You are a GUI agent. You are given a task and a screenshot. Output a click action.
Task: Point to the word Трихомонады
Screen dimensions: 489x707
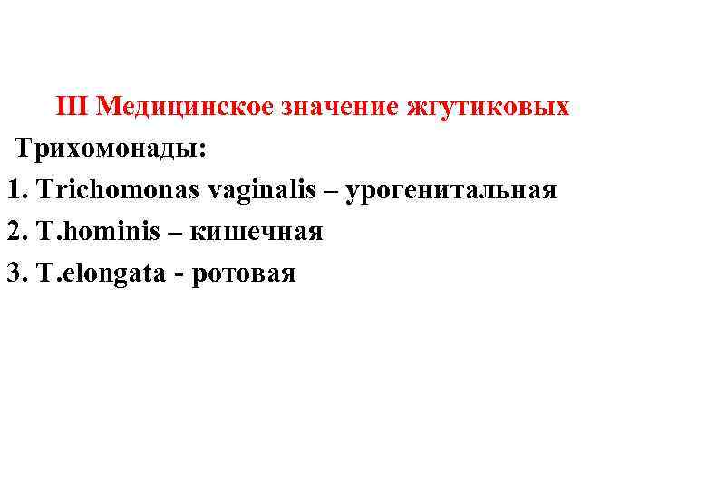pyautogui.click(x=109, y=149)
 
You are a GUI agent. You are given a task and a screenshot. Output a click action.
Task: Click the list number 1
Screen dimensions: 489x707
pyautogui.click(x=14, y=190)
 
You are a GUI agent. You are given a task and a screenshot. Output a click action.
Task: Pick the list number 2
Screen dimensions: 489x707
pyautogui.click(x=14, y=232)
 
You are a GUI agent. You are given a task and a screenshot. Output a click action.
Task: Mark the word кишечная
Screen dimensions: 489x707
pyautogui.click(x=257, y=232)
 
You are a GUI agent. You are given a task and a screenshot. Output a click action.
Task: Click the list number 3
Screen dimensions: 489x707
pyautogui.click(x=14, y=273)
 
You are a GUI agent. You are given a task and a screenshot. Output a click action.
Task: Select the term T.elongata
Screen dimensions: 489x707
pyautogui.click(x=104, y=273)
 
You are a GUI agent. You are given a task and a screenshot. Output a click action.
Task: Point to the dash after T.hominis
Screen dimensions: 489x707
pyautogui.click(x=174, y=233)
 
